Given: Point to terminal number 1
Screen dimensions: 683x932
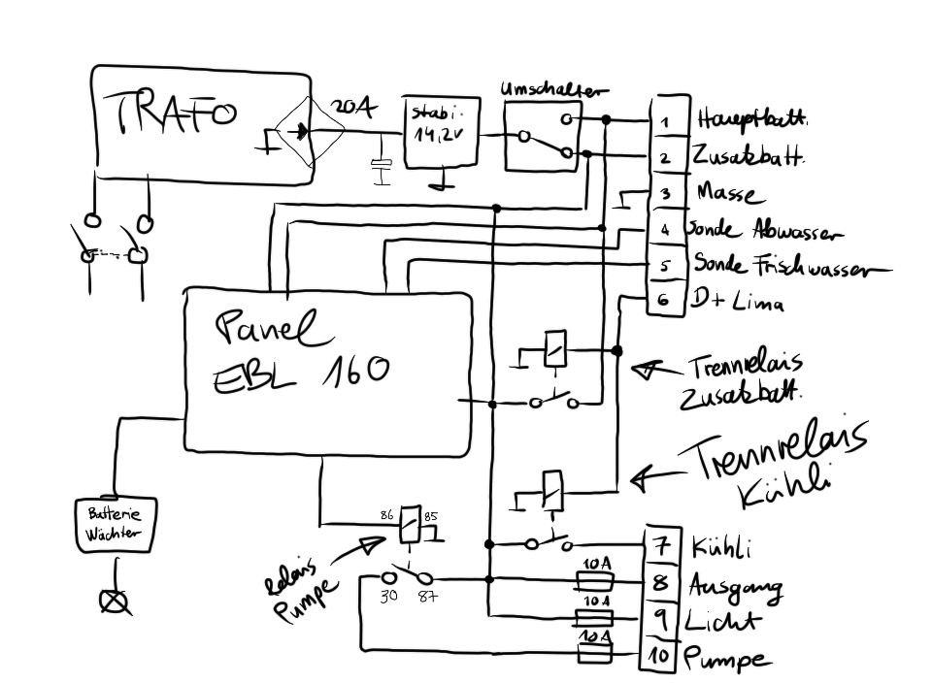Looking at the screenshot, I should pos(664,121).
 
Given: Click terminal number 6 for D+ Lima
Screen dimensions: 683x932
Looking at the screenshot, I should pos(664,301).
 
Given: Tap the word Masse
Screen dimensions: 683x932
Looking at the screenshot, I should pos(726,193).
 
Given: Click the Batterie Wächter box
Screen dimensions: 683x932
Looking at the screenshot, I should pos(115,525).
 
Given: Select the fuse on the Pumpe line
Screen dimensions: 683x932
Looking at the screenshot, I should pos(593,657).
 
